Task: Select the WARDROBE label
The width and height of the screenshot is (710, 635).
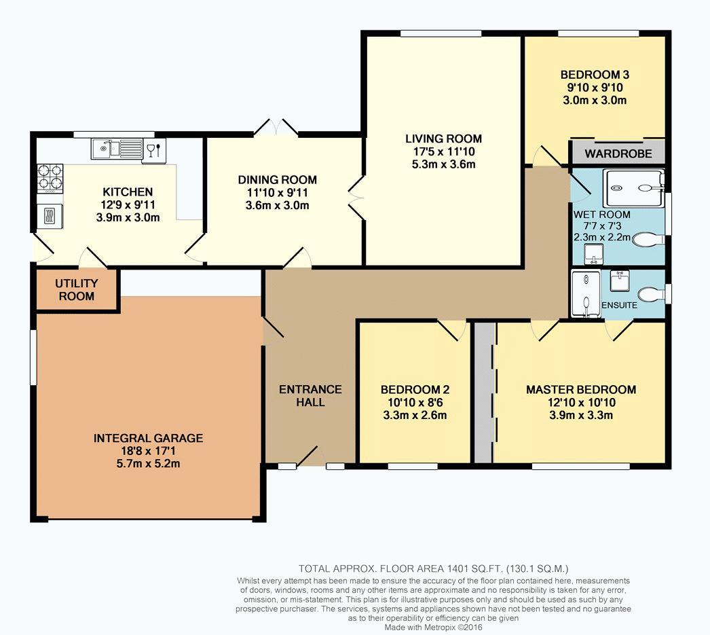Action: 618,153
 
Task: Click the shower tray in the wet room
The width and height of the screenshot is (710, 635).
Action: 635,187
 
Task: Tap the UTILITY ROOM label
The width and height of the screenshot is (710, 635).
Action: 77,290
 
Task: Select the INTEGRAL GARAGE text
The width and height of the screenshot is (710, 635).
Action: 148,438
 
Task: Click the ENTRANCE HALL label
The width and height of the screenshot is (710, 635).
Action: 310,396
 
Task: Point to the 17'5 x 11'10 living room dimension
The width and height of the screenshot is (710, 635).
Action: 443,151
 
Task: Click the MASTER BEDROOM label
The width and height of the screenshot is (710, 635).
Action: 581,390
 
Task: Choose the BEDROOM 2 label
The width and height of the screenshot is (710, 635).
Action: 415,390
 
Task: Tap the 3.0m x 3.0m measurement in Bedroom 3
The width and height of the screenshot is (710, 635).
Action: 595,101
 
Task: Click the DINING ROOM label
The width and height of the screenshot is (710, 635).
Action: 277,180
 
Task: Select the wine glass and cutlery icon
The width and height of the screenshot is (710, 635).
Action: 153,149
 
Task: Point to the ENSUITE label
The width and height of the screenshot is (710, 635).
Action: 619,305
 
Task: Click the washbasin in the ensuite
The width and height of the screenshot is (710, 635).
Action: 618,280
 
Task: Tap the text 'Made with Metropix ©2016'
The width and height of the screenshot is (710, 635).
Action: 433,628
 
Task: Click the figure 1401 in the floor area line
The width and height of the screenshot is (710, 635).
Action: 457,569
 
